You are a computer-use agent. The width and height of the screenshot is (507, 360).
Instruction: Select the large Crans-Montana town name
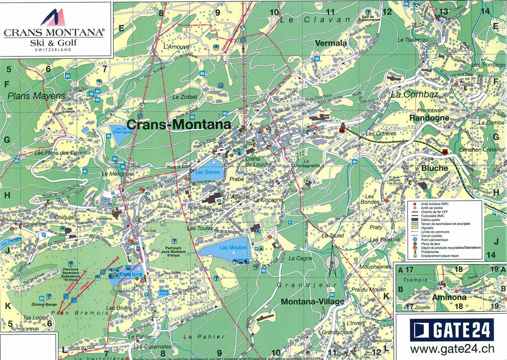[179, 125]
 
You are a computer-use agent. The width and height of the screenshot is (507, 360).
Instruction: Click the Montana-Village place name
[312, 301]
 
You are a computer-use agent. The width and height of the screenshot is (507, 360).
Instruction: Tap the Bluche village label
[434, 168]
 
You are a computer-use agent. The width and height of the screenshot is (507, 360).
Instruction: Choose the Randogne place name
[429, 118]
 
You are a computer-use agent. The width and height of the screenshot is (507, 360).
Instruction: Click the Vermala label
[331, 43]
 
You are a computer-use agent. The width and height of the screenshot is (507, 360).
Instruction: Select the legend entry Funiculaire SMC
[432, 215]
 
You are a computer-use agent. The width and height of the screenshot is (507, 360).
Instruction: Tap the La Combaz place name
[414, 94]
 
